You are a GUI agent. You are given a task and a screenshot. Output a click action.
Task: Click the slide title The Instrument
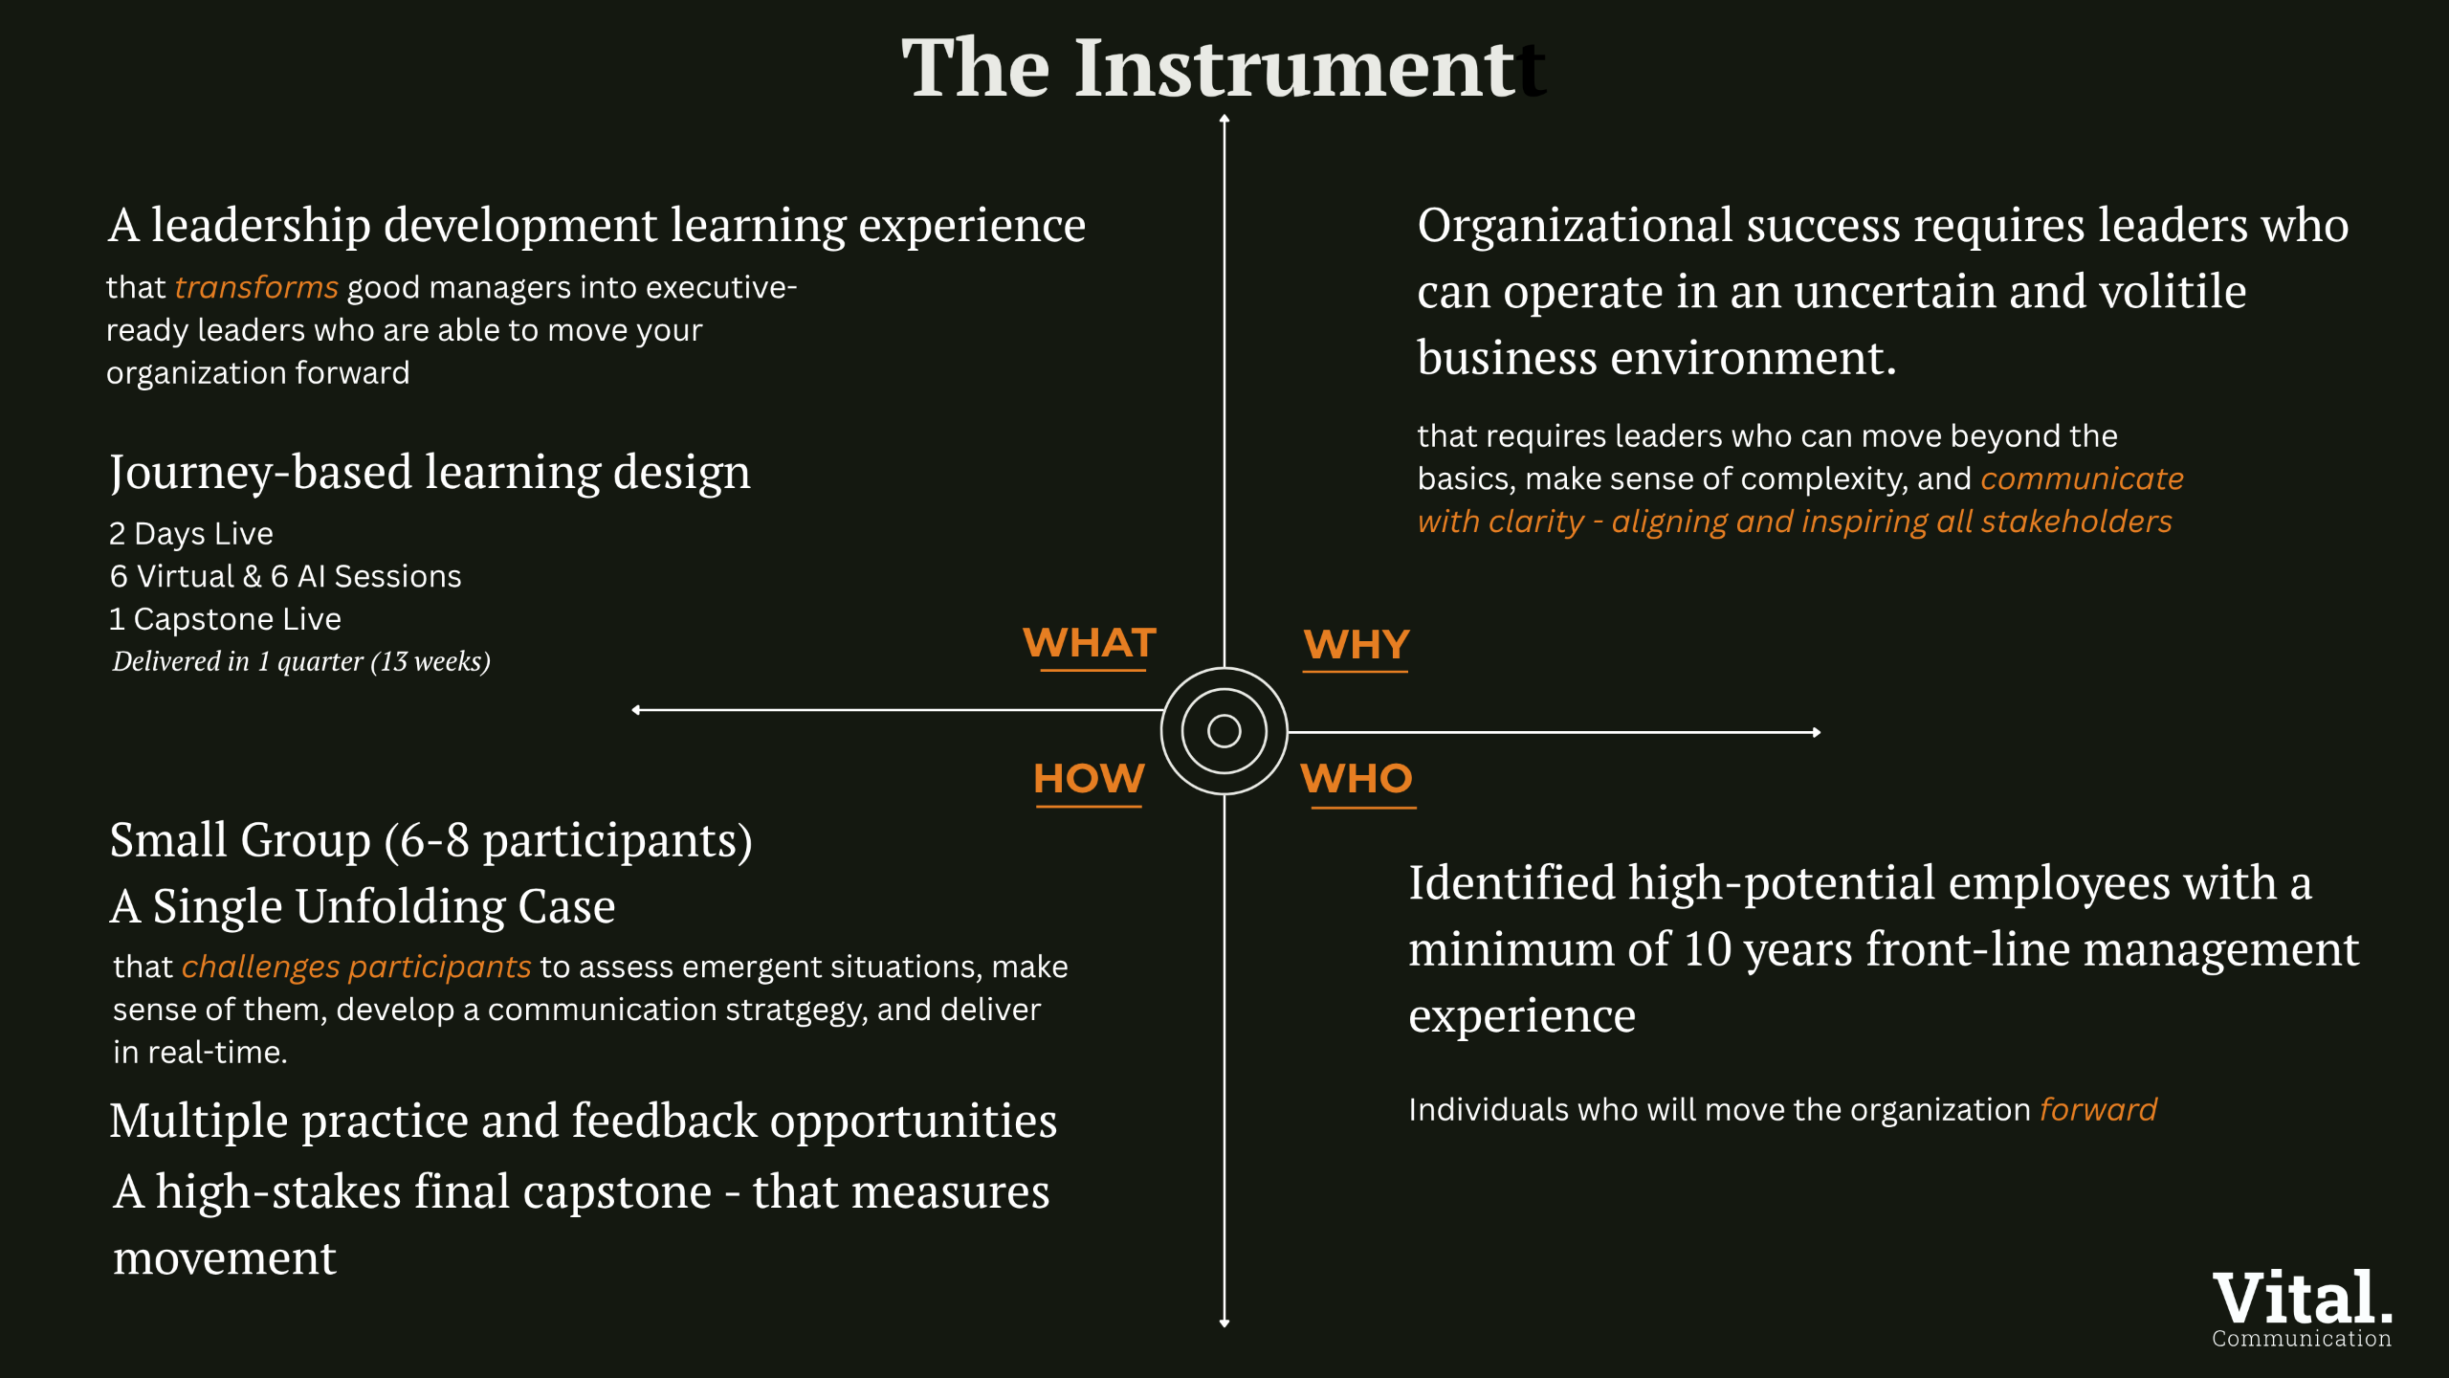[x=1209, y=69]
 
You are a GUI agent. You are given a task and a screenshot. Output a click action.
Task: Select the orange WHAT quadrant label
[x=1090, y=643]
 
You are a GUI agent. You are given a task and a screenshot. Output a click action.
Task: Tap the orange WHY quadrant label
[x=1357, y=645]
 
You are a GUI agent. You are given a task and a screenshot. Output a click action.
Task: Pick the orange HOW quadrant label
[x=1089, y=779]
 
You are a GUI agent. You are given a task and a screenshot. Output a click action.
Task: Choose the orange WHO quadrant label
[x=1357, y=779]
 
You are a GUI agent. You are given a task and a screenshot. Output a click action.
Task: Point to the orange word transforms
[x=256, y=288]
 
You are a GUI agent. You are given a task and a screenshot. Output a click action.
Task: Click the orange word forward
[x=2098, y=1110]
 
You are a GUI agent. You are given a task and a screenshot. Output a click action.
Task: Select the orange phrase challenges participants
[x=356, y=967]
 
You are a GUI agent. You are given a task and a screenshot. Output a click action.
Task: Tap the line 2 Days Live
[x=191, y=534]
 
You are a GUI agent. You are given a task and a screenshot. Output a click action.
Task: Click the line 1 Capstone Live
[x=225, y=619]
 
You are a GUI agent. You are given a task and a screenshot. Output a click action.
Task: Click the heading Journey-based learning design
[x=430, y=473]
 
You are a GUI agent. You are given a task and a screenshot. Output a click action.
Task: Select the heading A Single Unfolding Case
[x=363, y=906]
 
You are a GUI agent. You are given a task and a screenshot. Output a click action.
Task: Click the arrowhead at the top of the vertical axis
[x=1224, y=120]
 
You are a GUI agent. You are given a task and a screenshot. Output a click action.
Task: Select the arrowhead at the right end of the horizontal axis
[x=1816, y=732]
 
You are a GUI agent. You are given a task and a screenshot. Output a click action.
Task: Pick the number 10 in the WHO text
[x=1708, y=949]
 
